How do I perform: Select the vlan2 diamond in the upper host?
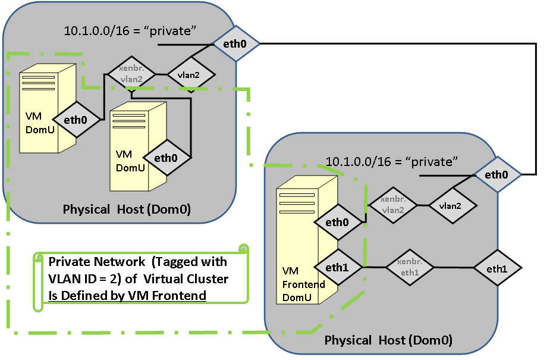pyautogui.click(x=190, y=75)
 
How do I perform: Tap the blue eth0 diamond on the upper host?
pyautogui.click(x=236, y=43)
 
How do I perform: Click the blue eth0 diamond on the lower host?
pyautogui.click(x=497, y=174)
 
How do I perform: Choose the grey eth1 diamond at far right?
pyautogui.click(x=497, y=268)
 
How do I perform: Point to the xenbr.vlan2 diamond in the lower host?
pyautogui.click(x=393, y=205)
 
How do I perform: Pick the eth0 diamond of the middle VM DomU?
pyautogui.click(x=166, y=158)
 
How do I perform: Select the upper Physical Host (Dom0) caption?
pyautogui.click(x=126, y=209)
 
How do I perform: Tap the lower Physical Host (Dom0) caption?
pyautogui.click(x=388, y=340)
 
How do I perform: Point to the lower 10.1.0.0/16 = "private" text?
pyautogui.click(x=392, y=161)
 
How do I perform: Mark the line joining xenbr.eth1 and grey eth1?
pyautogui.click(x=453, y=267)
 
